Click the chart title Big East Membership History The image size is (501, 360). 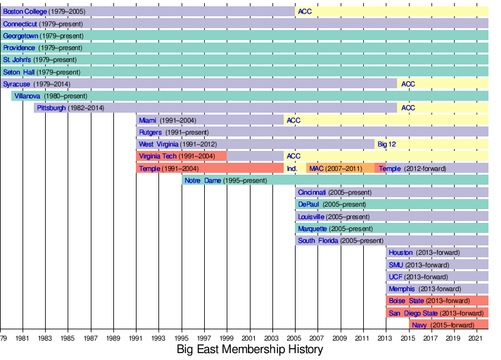249,349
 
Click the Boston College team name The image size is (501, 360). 24,11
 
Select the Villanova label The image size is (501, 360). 27,96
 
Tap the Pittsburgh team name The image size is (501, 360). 51,108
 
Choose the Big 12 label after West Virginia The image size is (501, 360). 386,144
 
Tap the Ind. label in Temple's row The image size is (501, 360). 291,168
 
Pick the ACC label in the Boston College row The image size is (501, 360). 305,11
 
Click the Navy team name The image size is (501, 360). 420,325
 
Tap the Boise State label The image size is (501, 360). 406,301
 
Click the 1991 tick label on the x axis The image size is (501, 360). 137,338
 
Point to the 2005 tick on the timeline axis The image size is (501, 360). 296,338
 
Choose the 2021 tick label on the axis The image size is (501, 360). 477,338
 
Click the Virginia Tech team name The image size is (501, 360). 158,156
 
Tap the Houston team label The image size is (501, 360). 401,253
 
